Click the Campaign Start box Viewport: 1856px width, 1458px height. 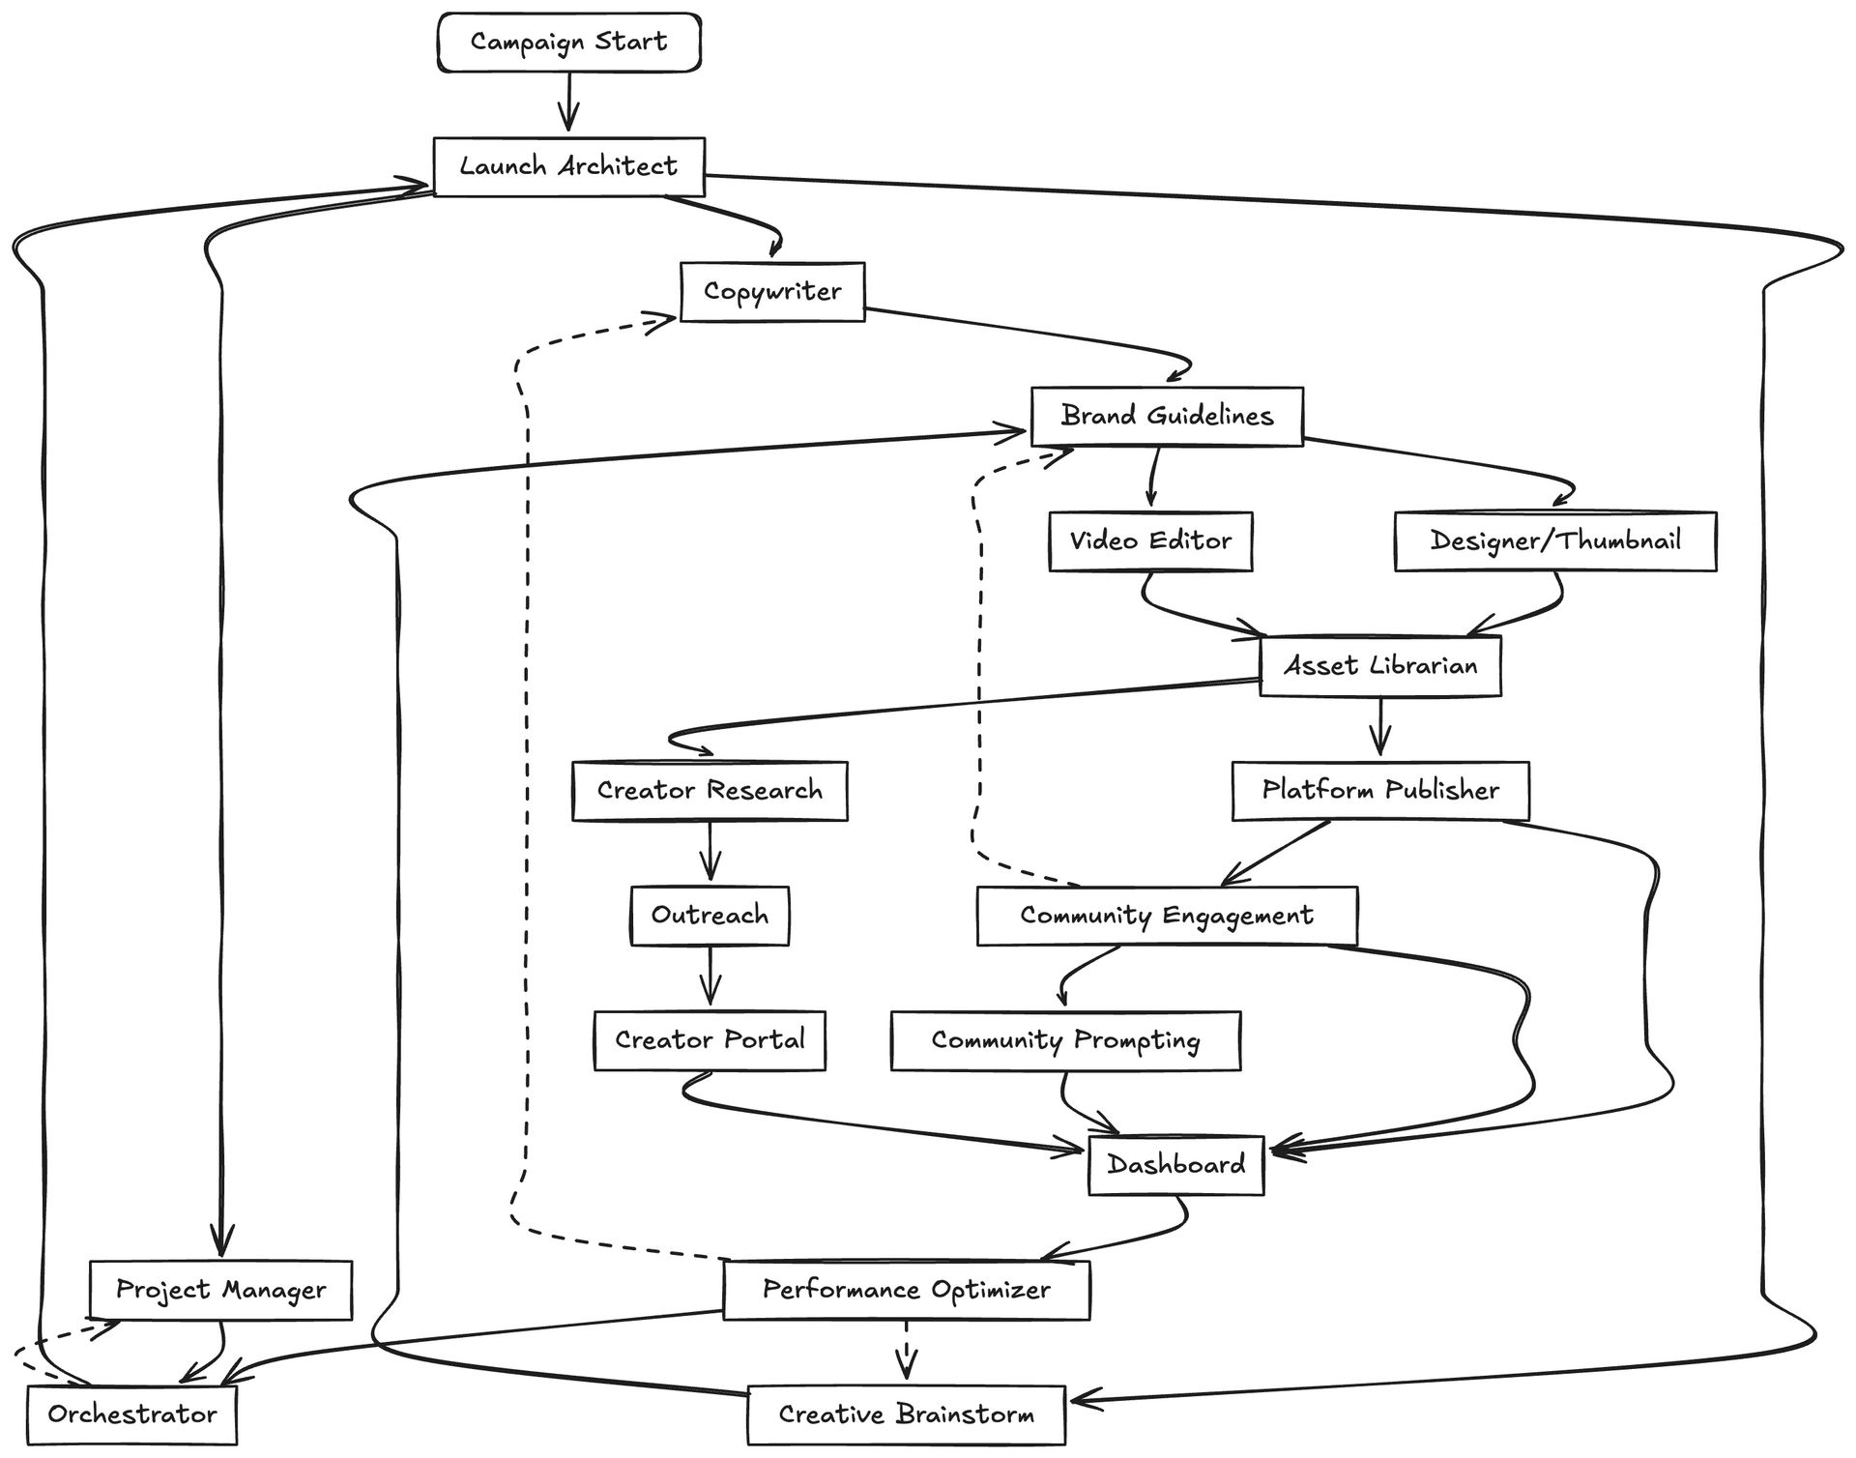pyautogui.click(x=568, y=42)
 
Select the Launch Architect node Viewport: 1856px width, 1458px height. pyautogui.click(x=568, y=166)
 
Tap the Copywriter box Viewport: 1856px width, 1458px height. pyautogui.click(x=772, y=291)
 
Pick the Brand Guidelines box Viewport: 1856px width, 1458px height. pyautogui.click(x=1167, y=416)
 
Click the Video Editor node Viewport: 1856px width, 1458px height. pyautogui.click(x=1150, y=540)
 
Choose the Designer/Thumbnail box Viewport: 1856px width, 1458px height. pyautogui.click(x=1555, y=540)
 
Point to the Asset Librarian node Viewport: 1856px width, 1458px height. pyautogui.click(x=1380, y=665)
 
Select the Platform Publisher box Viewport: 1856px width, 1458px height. pyautogui.click(x=1380, y=790)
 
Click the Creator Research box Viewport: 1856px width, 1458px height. pyautogui.click(x=710, y=790)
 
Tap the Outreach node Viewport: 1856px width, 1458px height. pyautogui.click(x=710, y=915)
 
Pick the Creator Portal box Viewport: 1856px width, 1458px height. pyautogui.click(x=710, y=1040)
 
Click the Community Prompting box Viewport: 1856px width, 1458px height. pyautogui.click(x=1065, y=1040)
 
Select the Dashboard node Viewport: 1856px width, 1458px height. pyautogui.click(x=1175, y=1165)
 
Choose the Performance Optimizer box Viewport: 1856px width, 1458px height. pyautogui.click(x=906, y=1290)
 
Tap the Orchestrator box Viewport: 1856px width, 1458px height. pyautogui.click(x=132, y=1414)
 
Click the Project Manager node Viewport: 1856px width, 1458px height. pyautogui.click(x=220, y=1290)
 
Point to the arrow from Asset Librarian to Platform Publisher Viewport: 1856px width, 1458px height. pyautogui.click(x=1380, y=727)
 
